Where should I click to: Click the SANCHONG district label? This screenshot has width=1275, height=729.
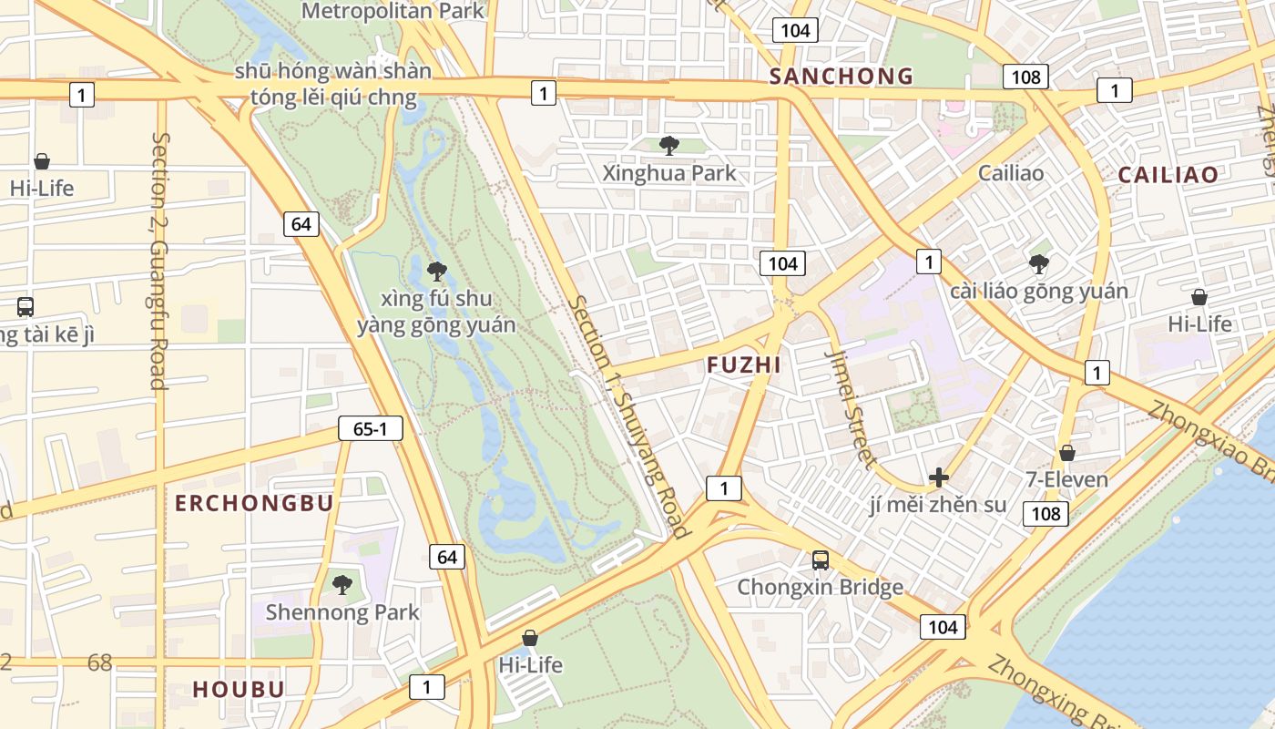841,77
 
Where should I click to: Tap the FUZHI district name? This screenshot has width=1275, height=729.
744,365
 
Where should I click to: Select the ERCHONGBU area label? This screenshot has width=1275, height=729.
254,504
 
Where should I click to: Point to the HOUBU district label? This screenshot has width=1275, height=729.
239,690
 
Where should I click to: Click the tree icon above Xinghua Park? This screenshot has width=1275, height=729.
669,145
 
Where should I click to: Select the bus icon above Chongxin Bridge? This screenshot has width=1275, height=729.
821,560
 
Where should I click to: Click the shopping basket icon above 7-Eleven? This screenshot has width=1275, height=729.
1067,453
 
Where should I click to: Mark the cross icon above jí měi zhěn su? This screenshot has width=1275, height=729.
938,477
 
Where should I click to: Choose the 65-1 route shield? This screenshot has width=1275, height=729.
371,428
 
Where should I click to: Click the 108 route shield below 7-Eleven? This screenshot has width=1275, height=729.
1045,514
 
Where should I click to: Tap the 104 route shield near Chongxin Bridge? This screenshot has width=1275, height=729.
943,627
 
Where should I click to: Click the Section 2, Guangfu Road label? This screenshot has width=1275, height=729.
159,261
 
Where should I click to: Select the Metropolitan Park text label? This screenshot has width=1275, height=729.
393,11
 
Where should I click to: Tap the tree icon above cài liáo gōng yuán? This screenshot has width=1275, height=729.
1038,264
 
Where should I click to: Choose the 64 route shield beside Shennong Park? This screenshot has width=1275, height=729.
446,556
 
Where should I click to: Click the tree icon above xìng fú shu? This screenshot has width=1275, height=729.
437,271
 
